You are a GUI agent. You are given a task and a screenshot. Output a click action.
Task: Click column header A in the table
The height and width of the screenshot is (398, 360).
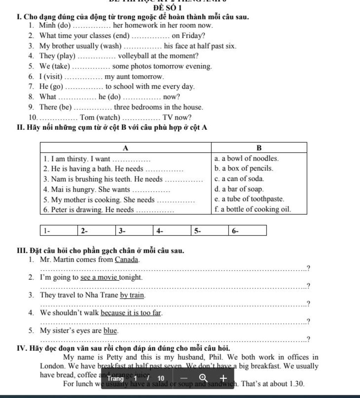coord(126,147)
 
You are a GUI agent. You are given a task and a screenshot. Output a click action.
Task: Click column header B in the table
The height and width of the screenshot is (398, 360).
coord(259,147)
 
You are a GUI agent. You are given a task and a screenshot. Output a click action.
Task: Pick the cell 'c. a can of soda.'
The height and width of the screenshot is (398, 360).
coord(239,179)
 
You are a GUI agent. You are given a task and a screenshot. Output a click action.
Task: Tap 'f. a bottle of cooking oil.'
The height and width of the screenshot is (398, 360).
coord(253,210)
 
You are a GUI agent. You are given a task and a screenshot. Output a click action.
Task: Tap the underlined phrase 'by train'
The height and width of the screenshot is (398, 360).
coord(132,295)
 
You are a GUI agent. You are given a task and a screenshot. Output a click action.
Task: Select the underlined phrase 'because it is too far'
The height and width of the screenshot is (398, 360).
coord(131,313)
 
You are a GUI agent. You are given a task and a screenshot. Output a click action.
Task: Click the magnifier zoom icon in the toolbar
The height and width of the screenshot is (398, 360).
coord(203,378)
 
